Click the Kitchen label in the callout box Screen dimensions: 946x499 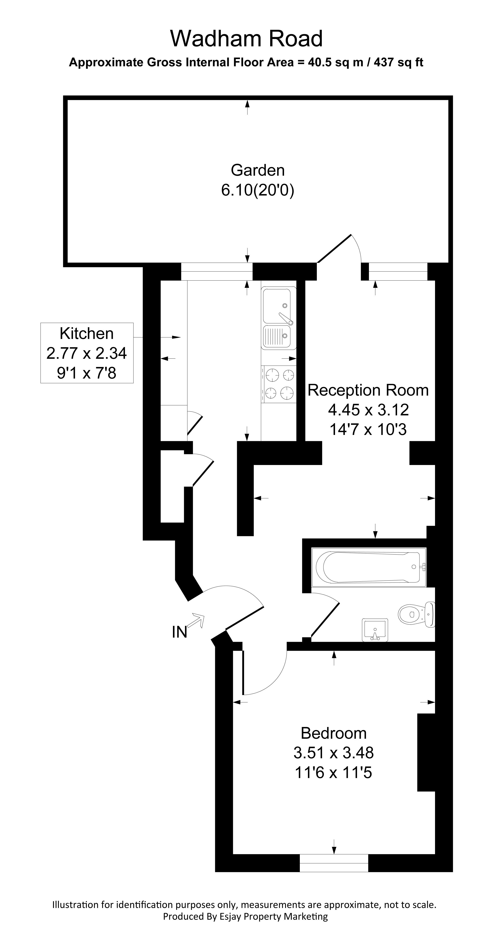click(87, 333)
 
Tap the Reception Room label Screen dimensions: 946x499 click(368, 390)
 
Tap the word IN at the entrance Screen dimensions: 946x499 click(180, 632)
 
